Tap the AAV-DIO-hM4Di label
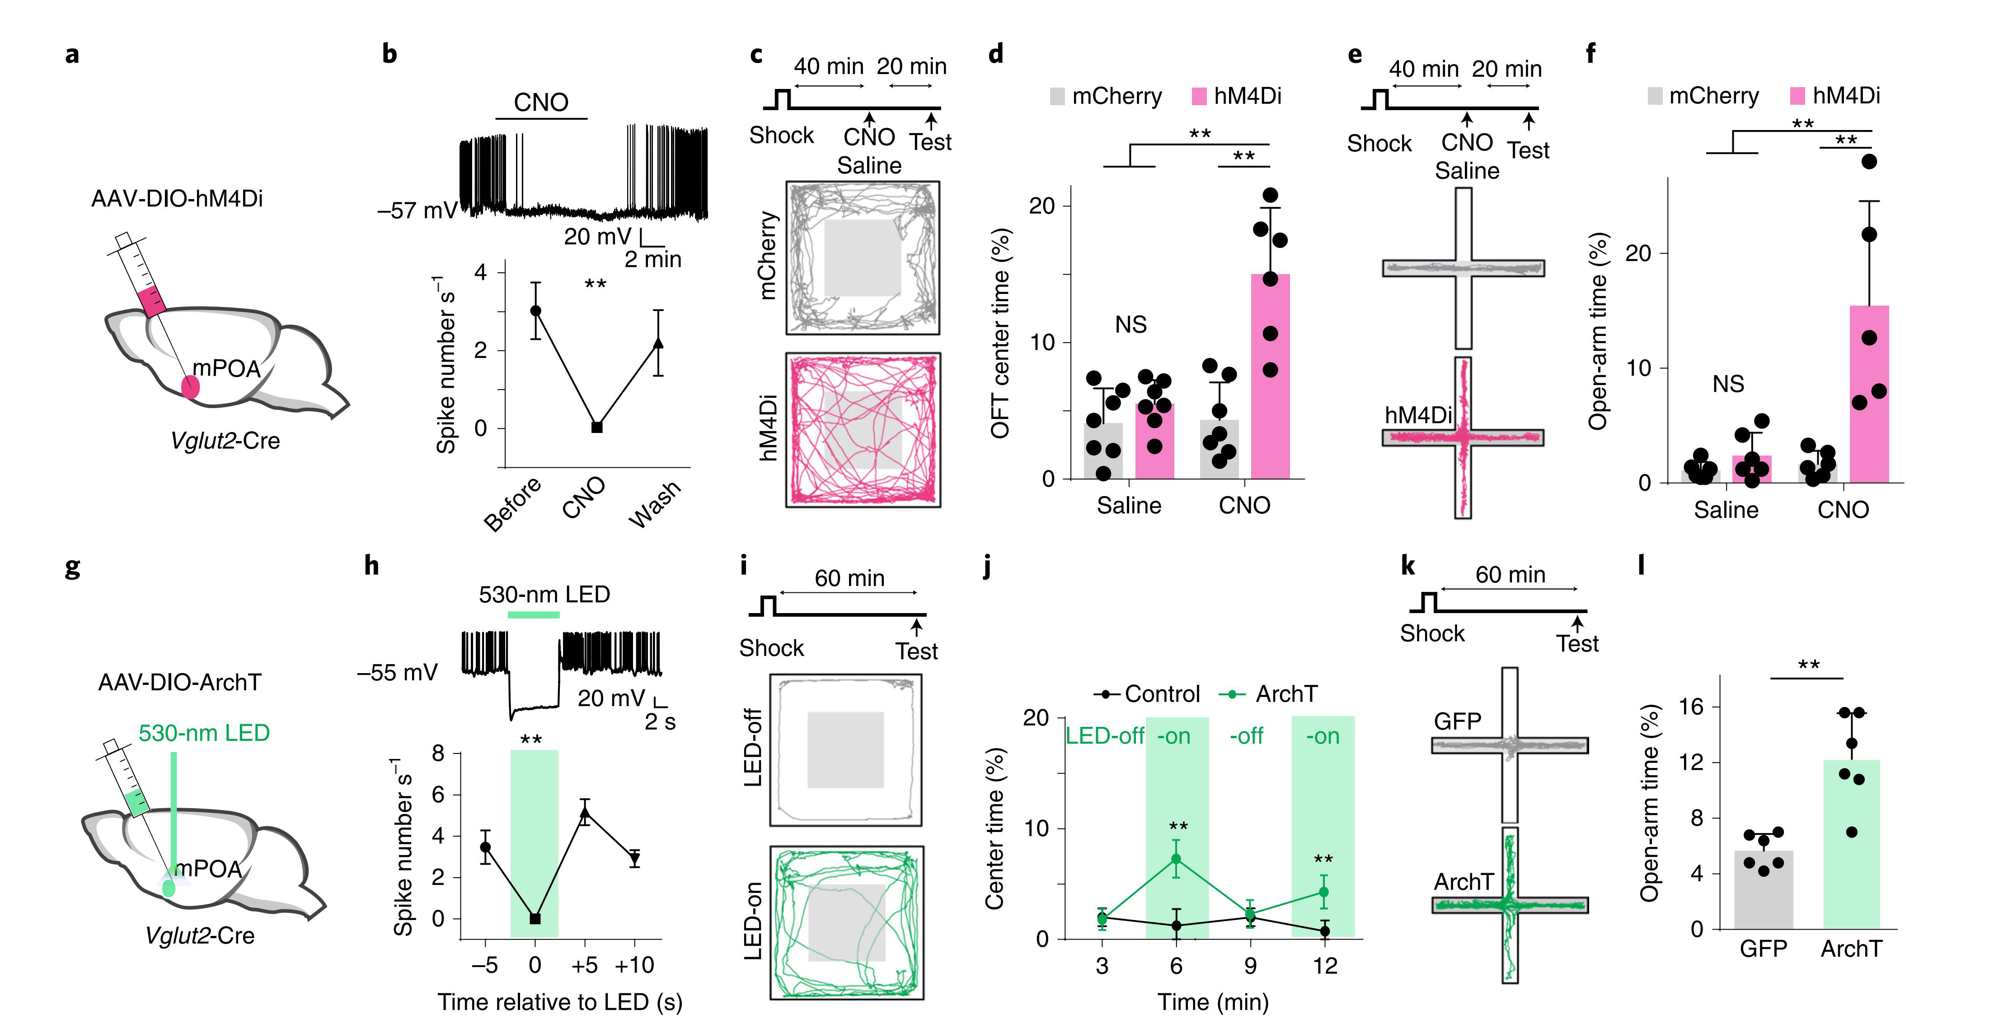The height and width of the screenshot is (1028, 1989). [177, 199]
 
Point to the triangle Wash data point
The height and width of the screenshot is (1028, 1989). [658, 343]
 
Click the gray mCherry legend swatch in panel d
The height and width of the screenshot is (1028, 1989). [1057, 97]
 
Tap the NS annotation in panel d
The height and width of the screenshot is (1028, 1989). [1131, 325]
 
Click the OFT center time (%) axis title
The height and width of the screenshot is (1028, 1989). [1001, 333]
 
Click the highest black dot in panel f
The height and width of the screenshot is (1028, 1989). [1868, 161]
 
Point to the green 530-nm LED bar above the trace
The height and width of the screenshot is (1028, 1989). [534, 614]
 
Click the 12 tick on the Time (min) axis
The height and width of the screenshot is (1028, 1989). [1325, 966]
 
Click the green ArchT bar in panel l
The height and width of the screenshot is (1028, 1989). [1852, 845]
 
